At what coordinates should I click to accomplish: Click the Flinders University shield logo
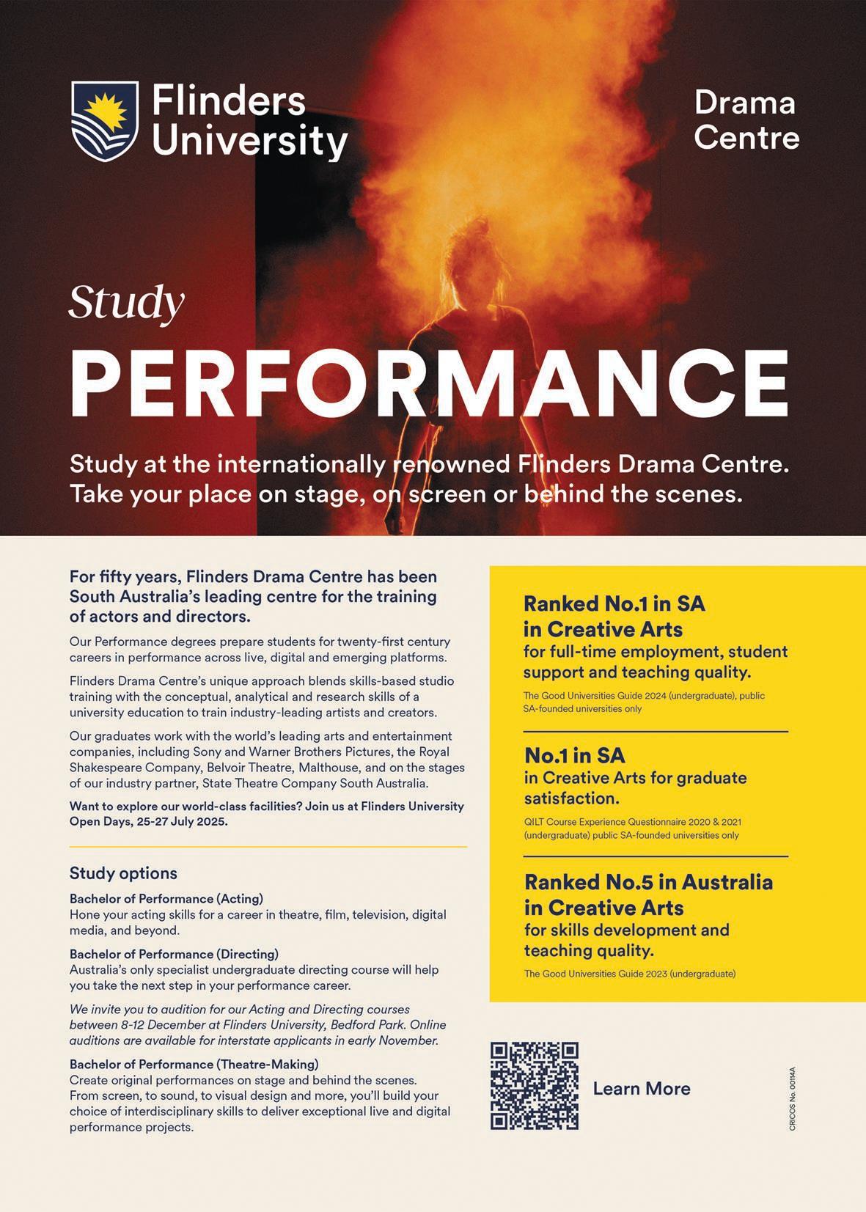(104, 121)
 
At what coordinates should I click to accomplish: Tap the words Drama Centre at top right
(746, 120)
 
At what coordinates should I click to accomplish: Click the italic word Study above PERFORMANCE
(126, 303)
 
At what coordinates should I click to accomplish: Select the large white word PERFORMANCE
(429, 383)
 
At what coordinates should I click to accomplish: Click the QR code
(535, 1085)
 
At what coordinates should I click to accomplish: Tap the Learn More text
(642, 1089)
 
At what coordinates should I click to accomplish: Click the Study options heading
(123, 873)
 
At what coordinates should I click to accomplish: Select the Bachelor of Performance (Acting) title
(166, 899)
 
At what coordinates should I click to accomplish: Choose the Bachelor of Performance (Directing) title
(174, 954)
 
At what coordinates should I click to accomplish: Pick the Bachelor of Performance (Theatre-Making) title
(194, 1064)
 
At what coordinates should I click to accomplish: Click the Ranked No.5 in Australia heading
(648, 882)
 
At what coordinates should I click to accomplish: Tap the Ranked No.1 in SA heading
(614, 604)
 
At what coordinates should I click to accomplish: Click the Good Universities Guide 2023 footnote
(629, 974)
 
